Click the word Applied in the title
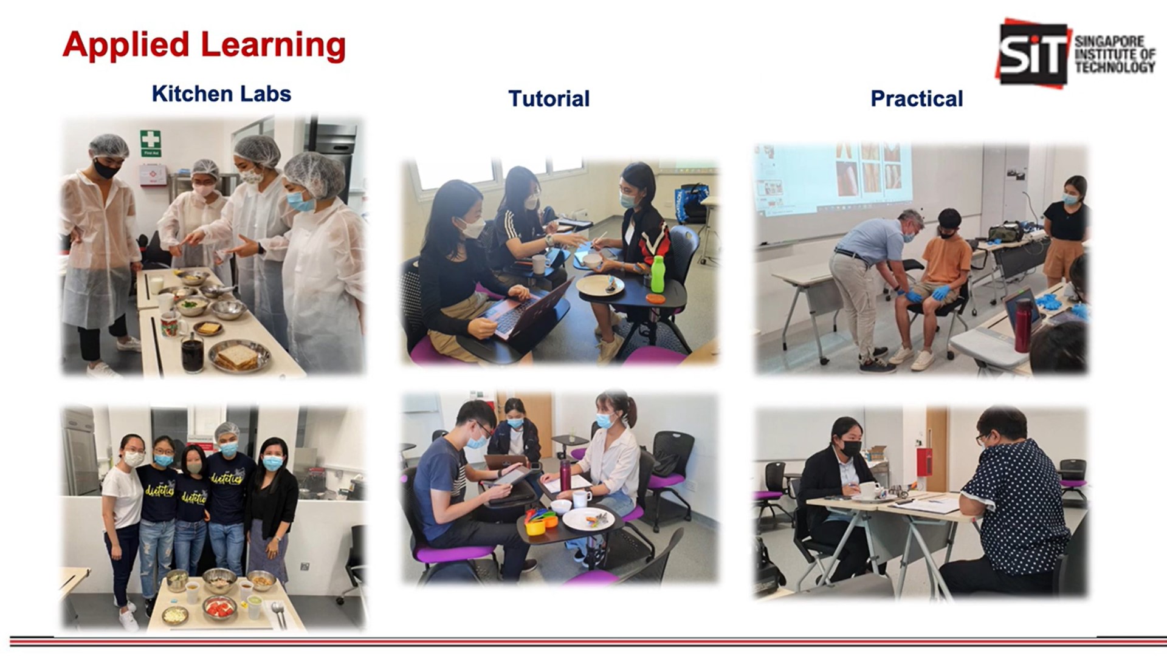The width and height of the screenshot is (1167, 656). (126, 46)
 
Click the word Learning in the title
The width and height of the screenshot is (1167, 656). (273, 46)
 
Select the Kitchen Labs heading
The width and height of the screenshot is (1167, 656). (221, 94)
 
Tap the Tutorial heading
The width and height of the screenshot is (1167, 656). (549, 98)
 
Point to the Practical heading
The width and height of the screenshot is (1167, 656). (917, 98)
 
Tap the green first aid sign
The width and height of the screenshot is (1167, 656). (150, 143)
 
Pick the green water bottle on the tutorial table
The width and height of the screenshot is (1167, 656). (656, 274)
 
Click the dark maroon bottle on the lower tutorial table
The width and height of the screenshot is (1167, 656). (565, 474)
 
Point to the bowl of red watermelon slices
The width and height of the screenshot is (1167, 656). (220, 608)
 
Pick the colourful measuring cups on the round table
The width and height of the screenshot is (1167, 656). (542, 521)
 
